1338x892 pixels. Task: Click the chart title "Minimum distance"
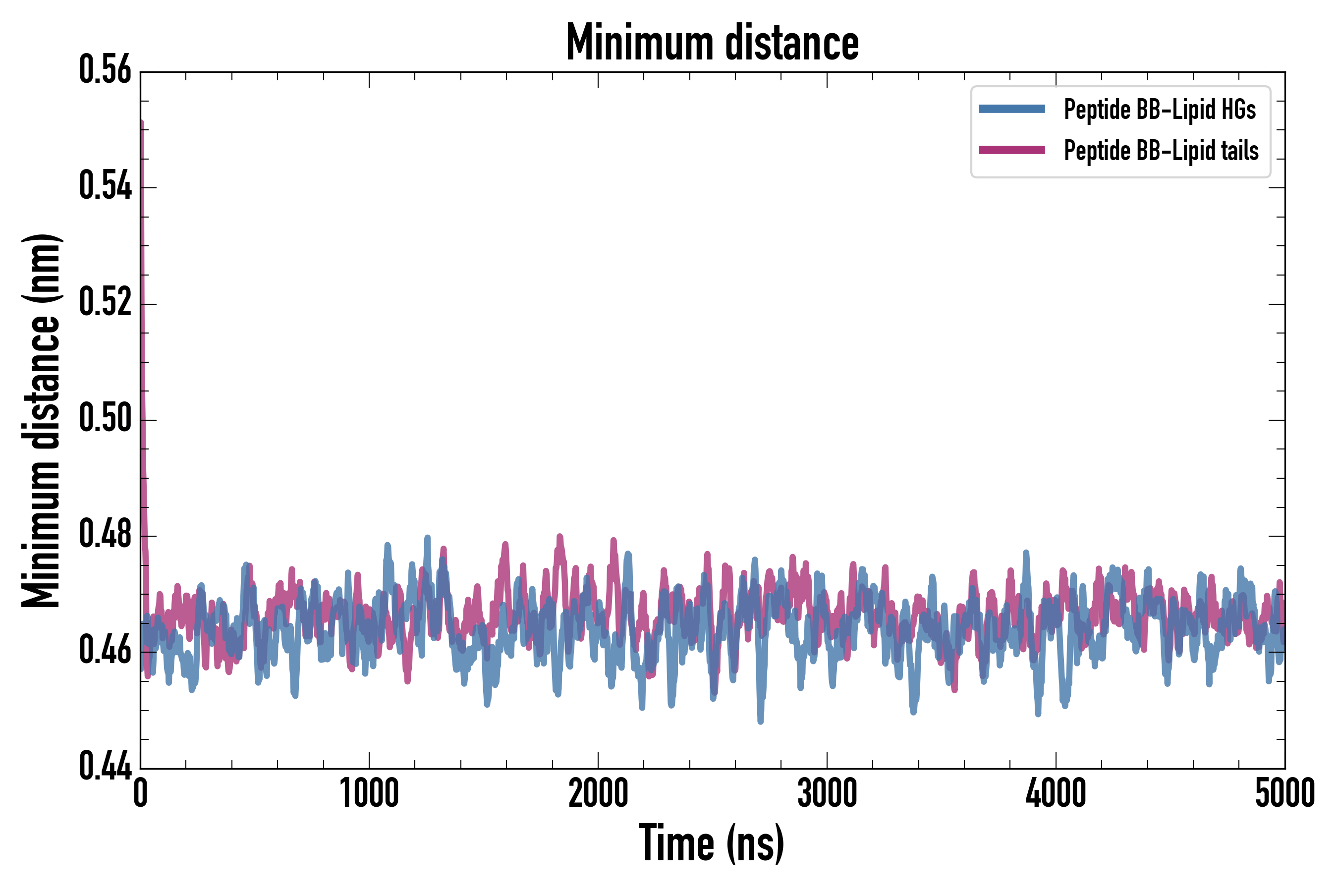tap(712, 43)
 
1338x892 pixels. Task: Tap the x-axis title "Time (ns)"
tap(712, 843)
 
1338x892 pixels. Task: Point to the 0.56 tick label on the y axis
tap(105, 70)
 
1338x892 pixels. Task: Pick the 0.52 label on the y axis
tap(105, 302)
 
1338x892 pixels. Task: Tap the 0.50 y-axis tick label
tap(105, 418)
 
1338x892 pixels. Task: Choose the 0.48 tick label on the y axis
tap(105, 534)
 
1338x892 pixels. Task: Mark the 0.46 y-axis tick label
tap(105, 650)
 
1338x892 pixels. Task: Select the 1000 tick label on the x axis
tap(369, 793)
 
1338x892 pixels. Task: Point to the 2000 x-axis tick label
tap(598, 793)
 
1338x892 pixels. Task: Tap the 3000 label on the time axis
tap(827, 793)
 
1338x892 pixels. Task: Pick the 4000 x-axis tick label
tap(1056, 793)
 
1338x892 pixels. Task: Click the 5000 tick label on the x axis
tap(1284, 793)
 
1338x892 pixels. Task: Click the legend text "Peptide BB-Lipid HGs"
tap(1160, 109)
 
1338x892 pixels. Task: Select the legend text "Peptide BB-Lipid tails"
tap(1161, 151)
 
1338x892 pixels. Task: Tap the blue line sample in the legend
tap(1011, 109)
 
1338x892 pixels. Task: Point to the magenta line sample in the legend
tap(1011, 150)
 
